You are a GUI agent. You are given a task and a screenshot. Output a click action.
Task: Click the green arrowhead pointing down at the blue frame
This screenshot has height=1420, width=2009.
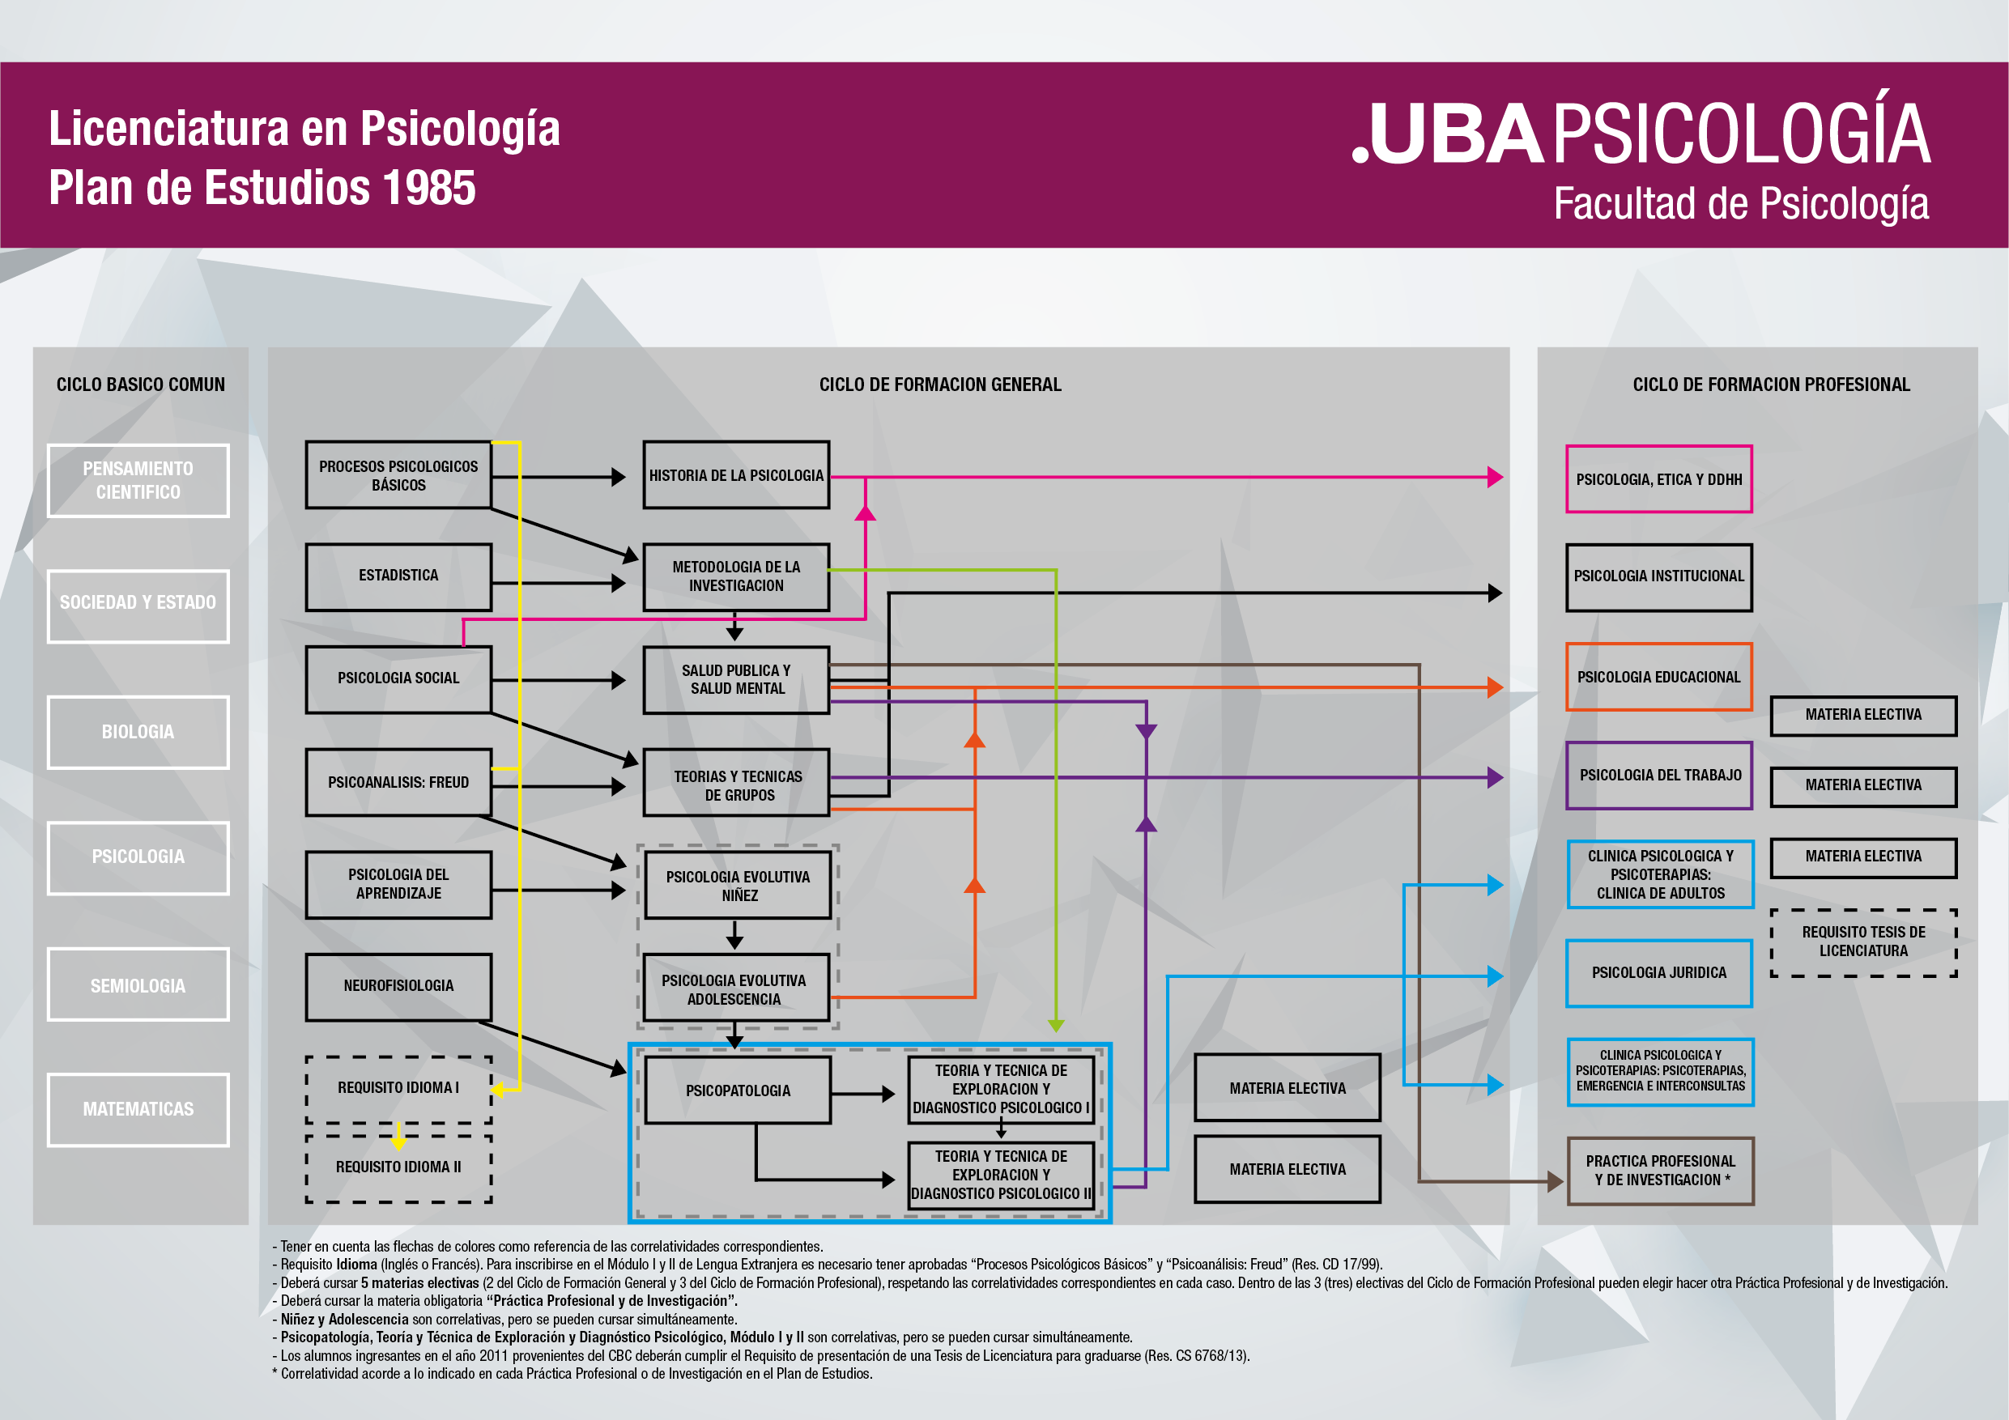1056,1026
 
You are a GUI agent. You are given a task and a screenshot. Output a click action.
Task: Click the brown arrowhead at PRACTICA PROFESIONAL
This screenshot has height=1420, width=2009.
1555,1182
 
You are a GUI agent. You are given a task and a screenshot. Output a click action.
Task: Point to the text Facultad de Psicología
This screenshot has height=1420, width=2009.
1741,204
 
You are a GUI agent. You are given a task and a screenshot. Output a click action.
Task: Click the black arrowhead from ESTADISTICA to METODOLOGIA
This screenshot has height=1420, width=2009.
619,583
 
